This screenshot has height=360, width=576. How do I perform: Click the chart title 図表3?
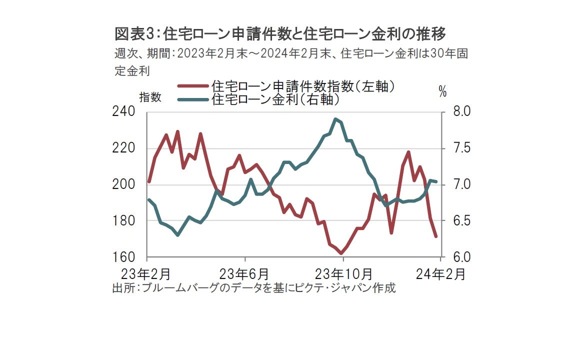(x=280, y=34)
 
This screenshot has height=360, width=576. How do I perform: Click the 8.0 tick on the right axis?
(x=455, y=111)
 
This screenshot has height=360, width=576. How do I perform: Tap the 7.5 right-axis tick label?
(x=455, y=148)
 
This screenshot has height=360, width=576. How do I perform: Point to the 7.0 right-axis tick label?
(x=455, y=184)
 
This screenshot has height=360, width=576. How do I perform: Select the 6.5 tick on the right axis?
(x=455, y=220)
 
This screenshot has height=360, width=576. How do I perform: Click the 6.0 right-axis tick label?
(x=455, y=257)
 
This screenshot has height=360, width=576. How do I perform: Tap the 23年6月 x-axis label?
(x=245, y=274)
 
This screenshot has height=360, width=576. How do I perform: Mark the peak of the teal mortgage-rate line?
(x=335, y=119)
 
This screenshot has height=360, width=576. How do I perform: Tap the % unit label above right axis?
(x=442, y=91)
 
